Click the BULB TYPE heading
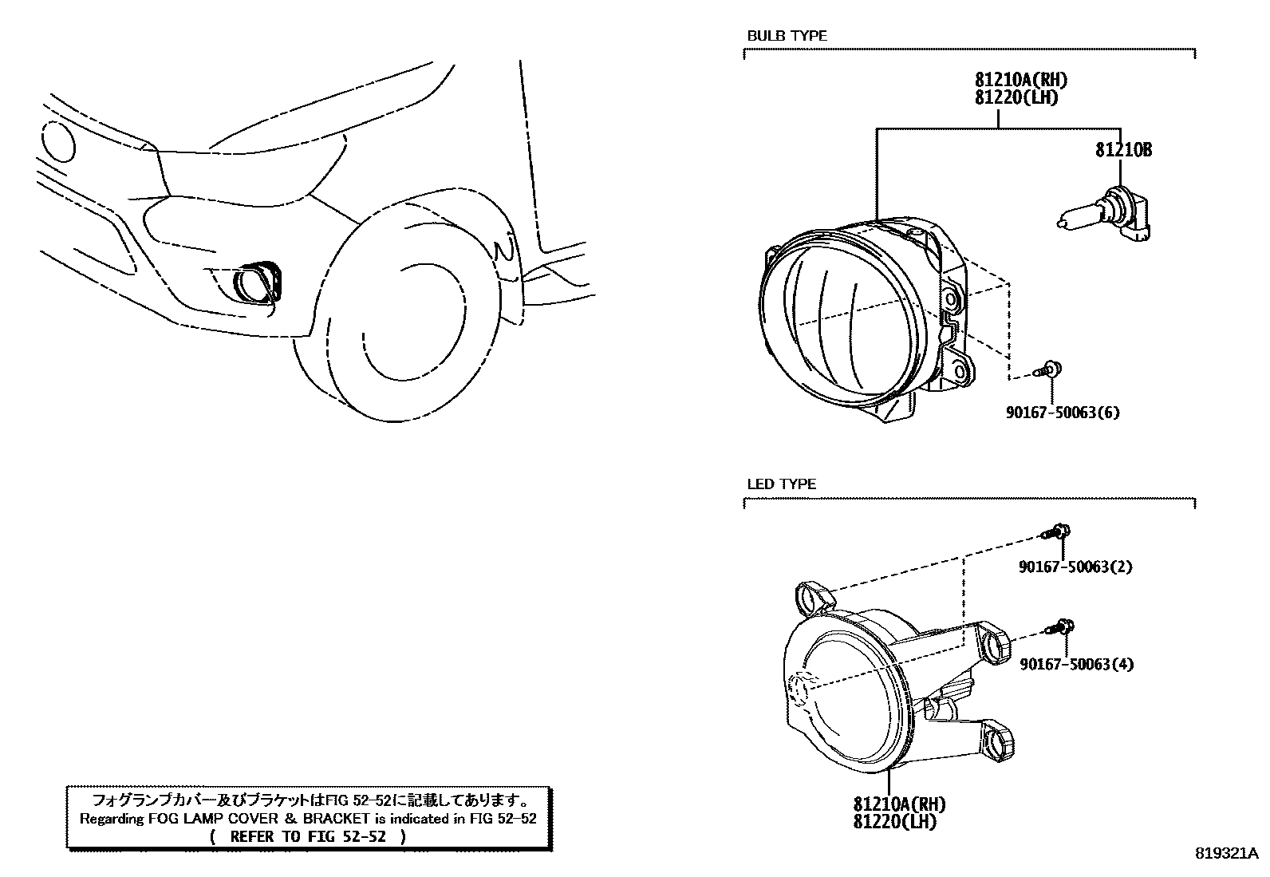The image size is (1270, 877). tap(787, 36)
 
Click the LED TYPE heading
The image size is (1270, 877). tap(781, 484)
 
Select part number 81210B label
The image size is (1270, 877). tap(1122, 150)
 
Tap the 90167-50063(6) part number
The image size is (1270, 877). tap(1063, 413)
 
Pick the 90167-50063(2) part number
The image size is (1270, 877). tap(1075, 567)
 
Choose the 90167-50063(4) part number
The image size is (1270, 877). tap(1076, 664)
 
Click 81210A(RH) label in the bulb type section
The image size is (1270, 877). tap(1020, 80)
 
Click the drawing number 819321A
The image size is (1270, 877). tap(1226, 854)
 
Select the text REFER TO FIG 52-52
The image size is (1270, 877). tap(308, 836)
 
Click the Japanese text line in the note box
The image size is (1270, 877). tap(308, 800)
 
